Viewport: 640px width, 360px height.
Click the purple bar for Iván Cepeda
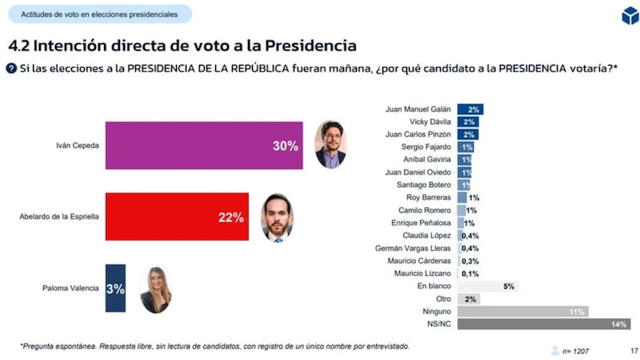tap(204, 146)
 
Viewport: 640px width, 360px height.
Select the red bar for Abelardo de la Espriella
tap(177, 216)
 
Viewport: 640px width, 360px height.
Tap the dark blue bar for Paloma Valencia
tap(115, 289)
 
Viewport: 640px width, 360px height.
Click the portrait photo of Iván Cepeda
tap(330, 145)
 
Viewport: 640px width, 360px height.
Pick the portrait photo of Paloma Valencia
tap(155, 290)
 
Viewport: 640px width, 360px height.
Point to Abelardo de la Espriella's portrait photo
tap(277, 217)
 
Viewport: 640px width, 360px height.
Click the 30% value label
tap(285, 146)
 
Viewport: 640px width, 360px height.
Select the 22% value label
tap(231, 217)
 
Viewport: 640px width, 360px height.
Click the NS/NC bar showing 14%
tap(543, 324)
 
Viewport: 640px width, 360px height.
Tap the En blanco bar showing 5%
tap(487, 286)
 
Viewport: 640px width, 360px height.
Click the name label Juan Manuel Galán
tap(418, 109)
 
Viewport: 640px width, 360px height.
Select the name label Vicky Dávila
tap(430, 122)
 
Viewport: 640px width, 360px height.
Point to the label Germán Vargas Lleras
tap(414, 248)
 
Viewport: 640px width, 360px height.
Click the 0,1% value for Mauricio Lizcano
tap(470, 274)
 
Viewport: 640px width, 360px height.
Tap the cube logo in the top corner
tap(630, 15)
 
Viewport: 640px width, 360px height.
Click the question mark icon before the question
tap(11, 69)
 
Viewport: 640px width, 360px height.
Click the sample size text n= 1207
tap(575, 350)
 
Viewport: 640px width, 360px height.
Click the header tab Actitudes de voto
tap(99, 14)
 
